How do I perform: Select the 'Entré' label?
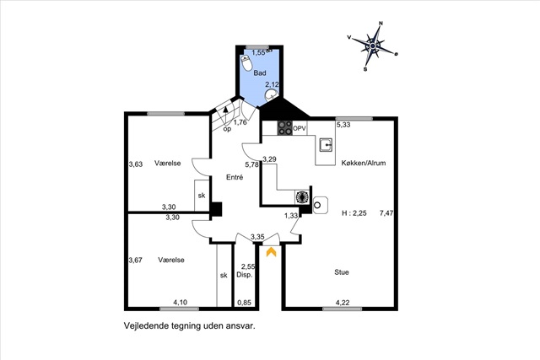[235, 178]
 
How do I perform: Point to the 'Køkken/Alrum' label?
[364, 164]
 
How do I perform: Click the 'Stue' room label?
[342, 272]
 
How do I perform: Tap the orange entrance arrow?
[271, 250]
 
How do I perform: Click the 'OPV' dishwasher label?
[300, 127]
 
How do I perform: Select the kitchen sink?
[324, 143]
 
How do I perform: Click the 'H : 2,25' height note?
[354, 213]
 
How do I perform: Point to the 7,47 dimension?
[386, 213]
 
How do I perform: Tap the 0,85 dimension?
[244, 303]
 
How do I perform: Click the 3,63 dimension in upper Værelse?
[135, 164]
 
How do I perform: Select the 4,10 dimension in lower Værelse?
[181, 303]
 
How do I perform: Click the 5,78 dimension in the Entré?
[251, 164]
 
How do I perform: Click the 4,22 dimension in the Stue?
[343, 303]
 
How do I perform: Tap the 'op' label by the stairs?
[227, 129]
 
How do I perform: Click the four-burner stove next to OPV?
[285, 128]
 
